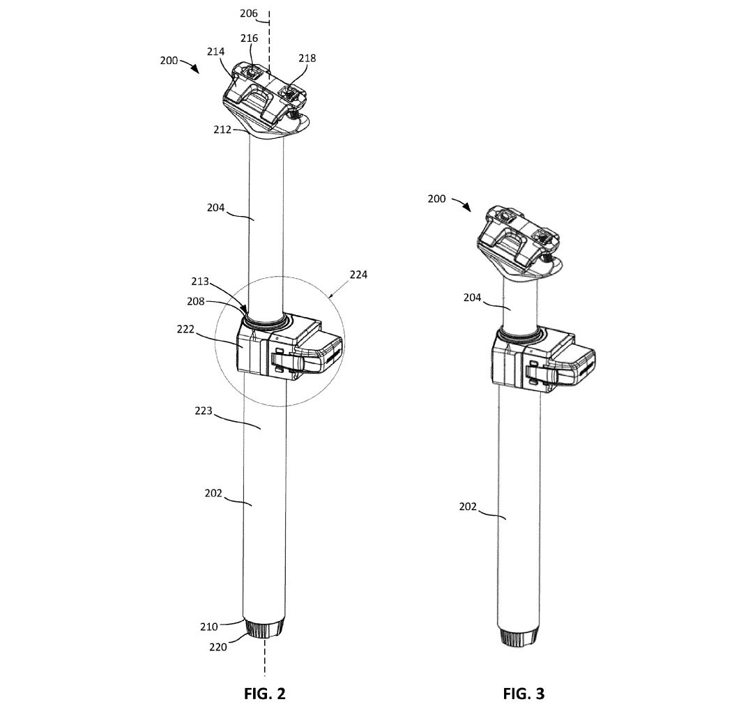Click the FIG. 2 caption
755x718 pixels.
[x=264, y=694]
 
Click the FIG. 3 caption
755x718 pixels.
[x=524, y=694]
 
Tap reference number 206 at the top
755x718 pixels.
[x=249, y=13]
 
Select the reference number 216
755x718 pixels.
[x=250, y=38]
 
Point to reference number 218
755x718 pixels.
[x=307, y=59]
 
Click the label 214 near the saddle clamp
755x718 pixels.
[x=215, y=52]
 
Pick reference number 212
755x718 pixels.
[x=222, y=130]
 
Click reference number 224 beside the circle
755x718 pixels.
[x=358, y=275]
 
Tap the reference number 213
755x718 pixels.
[x=200, y=281]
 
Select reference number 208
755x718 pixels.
[x=196, y=301]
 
